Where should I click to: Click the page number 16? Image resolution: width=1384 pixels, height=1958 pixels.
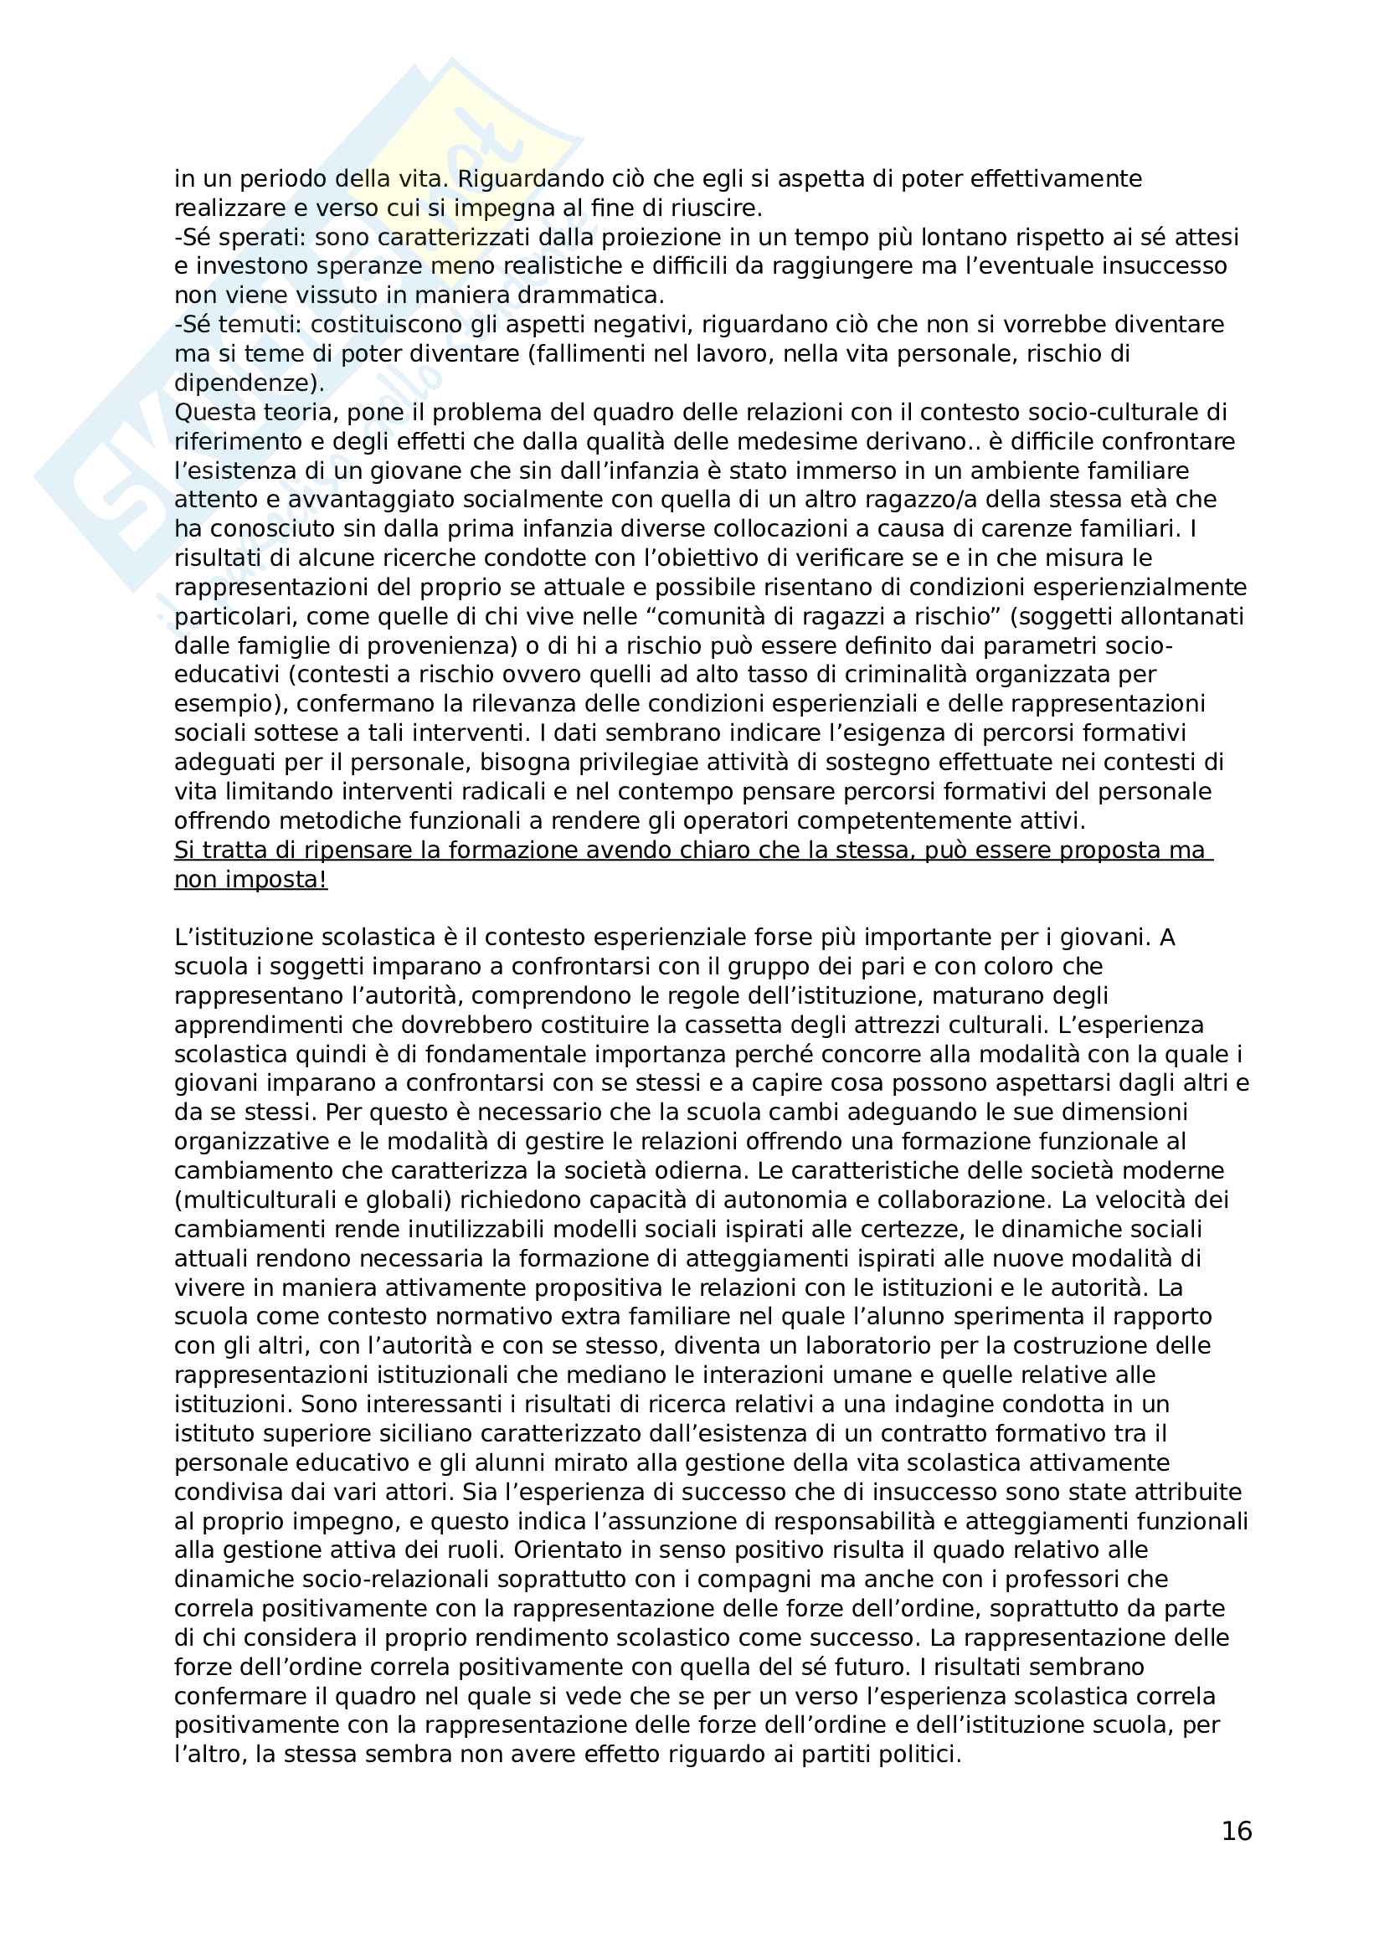(x=1237, y=1831)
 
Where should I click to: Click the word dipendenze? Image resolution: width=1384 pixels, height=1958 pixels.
(x=245, y=383)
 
